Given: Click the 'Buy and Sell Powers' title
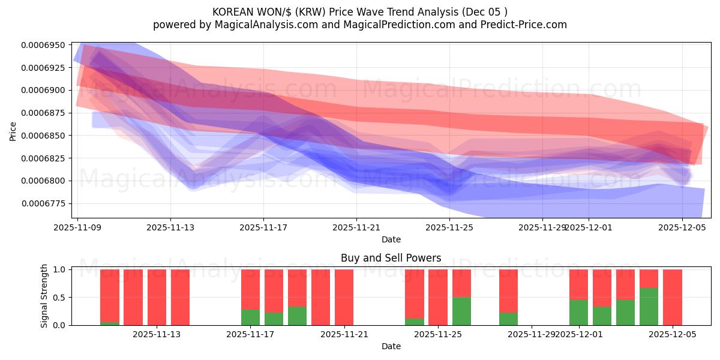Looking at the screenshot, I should (391, 258).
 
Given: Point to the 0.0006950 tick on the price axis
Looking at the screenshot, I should (44, 45).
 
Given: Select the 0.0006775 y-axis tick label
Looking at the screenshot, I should (44, 203).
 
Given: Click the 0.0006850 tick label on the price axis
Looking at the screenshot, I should (44, 136).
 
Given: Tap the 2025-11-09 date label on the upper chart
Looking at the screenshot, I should (77, 227).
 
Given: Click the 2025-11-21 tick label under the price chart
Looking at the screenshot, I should (356, 227).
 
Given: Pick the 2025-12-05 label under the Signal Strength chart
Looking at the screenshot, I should (672, 334).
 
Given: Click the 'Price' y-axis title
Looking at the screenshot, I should (13, 130).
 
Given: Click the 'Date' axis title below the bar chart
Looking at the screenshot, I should (391, 346).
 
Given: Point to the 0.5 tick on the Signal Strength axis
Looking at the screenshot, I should (59, 298).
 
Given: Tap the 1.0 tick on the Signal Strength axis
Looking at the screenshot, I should (59, 269).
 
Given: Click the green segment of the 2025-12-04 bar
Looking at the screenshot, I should (649, 307).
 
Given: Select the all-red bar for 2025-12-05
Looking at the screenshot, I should (672, 297).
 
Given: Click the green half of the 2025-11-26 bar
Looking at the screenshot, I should (461, 311).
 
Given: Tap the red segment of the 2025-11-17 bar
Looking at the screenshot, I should (250, 289).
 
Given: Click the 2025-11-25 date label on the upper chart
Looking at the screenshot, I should (449, 227).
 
